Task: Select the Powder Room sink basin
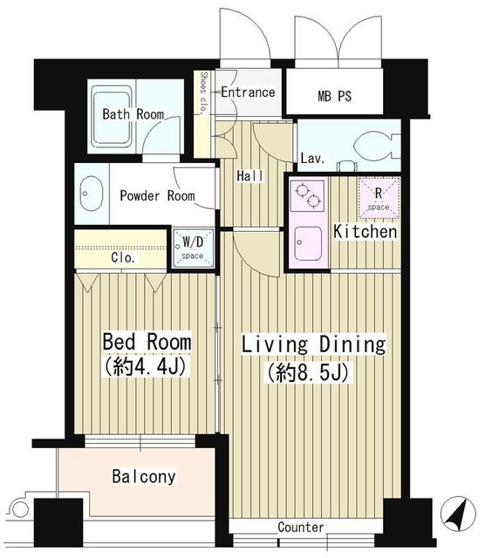pos(90,194)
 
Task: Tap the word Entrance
pos(248,92)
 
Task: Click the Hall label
pos(249,176)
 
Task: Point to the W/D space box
pos(191,248)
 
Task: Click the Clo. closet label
pos(122,258)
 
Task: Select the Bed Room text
pos(147,341)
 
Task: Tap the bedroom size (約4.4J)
pos(147,367)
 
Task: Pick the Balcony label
pos(144,477)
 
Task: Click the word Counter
pos(301,527)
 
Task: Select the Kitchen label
pos(366,233)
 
